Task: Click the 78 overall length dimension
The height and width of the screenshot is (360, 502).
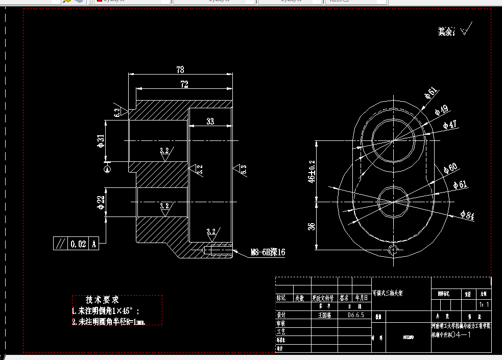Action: (180, 69)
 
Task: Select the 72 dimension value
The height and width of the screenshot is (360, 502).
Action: (184, 85)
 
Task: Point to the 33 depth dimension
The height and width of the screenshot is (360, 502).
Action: (210, 121)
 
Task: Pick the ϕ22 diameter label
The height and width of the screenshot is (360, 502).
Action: (101, 202)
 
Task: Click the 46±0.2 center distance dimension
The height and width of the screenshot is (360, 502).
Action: (312, 172)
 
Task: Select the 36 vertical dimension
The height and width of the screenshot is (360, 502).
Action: (312, 226)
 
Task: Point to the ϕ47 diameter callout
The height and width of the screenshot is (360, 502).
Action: (449, 125)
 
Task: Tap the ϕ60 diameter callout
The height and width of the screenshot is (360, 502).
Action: (450, 169)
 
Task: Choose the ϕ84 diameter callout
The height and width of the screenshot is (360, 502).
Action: (467, 215)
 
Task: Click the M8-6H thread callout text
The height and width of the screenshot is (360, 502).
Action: (268, 252)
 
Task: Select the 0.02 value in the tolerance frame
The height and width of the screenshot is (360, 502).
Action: (78, 244)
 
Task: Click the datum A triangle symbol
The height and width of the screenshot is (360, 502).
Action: (107, 169)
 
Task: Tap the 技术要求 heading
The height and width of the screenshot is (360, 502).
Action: (102, 300)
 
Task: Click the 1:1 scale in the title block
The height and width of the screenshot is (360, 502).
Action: (484, 305)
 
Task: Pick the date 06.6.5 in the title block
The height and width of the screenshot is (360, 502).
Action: (355, 315)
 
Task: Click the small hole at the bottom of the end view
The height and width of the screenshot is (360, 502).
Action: (393, 250)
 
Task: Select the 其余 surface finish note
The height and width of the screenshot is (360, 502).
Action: (446, 32)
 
